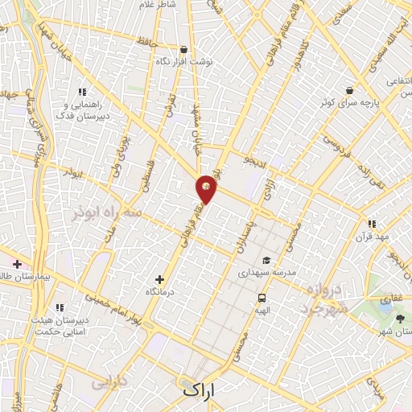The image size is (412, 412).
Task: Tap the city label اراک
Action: click(200, 390)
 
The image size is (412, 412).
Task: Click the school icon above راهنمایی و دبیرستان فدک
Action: click(81, 92)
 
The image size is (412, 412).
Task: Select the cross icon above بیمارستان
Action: click(17, 264)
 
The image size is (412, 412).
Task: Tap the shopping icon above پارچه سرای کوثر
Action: click(348, 90)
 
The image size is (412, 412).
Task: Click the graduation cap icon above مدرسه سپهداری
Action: click(265, 261)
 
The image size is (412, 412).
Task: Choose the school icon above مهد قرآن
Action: click(371, 224)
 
